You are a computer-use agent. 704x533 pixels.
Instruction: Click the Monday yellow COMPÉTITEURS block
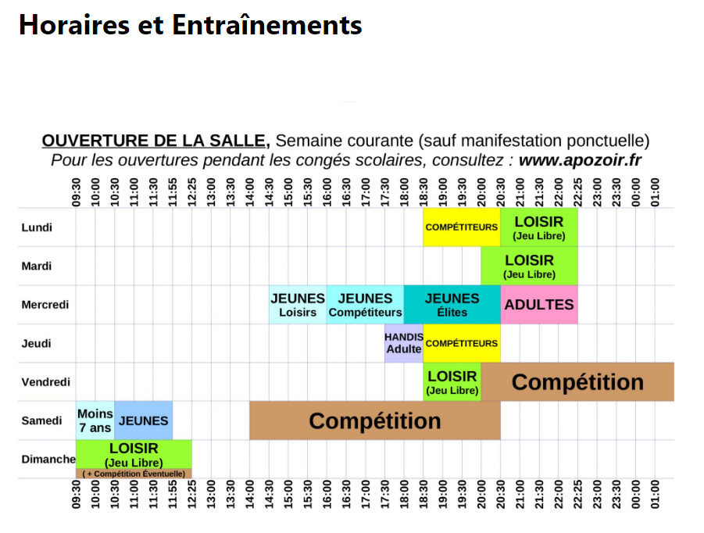coord(461,227)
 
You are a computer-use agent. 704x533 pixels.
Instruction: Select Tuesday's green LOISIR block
coord(529,266)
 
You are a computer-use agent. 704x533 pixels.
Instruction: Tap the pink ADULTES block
coord(538,305)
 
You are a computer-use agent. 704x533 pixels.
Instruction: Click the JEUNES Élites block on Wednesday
coord(452,305)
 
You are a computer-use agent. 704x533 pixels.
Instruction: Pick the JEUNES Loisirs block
coord(298,305)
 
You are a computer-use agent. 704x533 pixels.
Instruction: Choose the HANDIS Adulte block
coord(403,343)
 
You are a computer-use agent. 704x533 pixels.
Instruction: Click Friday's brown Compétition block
coord(577,382)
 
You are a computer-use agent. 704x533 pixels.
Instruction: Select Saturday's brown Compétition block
coord(374,420)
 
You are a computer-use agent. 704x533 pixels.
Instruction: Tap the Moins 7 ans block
coord(95,420)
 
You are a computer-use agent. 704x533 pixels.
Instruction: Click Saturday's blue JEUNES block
coord(143,420)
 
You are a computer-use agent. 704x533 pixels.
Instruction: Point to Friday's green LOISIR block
coord(452,382)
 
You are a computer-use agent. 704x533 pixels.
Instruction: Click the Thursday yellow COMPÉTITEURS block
coord(461,343)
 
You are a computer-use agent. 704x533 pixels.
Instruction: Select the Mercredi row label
coord(46,305)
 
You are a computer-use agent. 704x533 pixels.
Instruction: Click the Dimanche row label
coord(48,460)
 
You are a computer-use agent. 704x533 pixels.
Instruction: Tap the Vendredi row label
coord(45,382)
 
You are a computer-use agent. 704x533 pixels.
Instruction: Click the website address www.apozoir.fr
coord(580,160)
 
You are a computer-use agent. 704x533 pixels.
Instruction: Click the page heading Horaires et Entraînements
coord(190,25)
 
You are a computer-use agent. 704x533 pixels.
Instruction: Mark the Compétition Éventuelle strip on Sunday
coord(134,474)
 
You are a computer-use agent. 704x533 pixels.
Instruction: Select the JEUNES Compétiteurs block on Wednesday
coord(365,305)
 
